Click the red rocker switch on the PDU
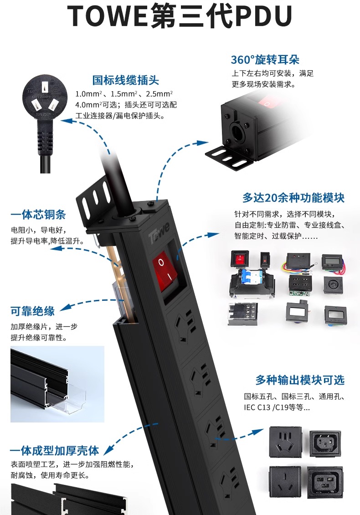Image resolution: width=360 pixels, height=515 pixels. tap(165, 270)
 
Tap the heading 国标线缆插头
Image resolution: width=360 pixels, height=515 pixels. tap(125, 81)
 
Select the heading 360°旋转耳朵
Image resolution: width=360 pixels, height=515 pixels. tap(265, 60)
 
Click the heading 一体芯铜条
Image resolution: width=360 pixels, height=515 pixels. tap(38, 215)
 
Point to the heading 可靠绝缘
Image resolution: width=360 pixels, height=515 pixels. tap(32, 311)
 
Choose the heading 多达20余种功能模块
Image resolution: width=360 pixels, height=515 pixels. tap(293, 198)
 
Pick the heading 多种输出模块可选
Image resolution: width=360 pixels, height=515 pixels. tap(300, 380)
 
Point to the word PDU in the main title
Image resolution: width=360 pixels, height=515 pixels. tap(263, 17)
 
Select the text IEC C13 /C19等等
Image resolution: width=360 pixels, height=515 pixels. tap(277, 407)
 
